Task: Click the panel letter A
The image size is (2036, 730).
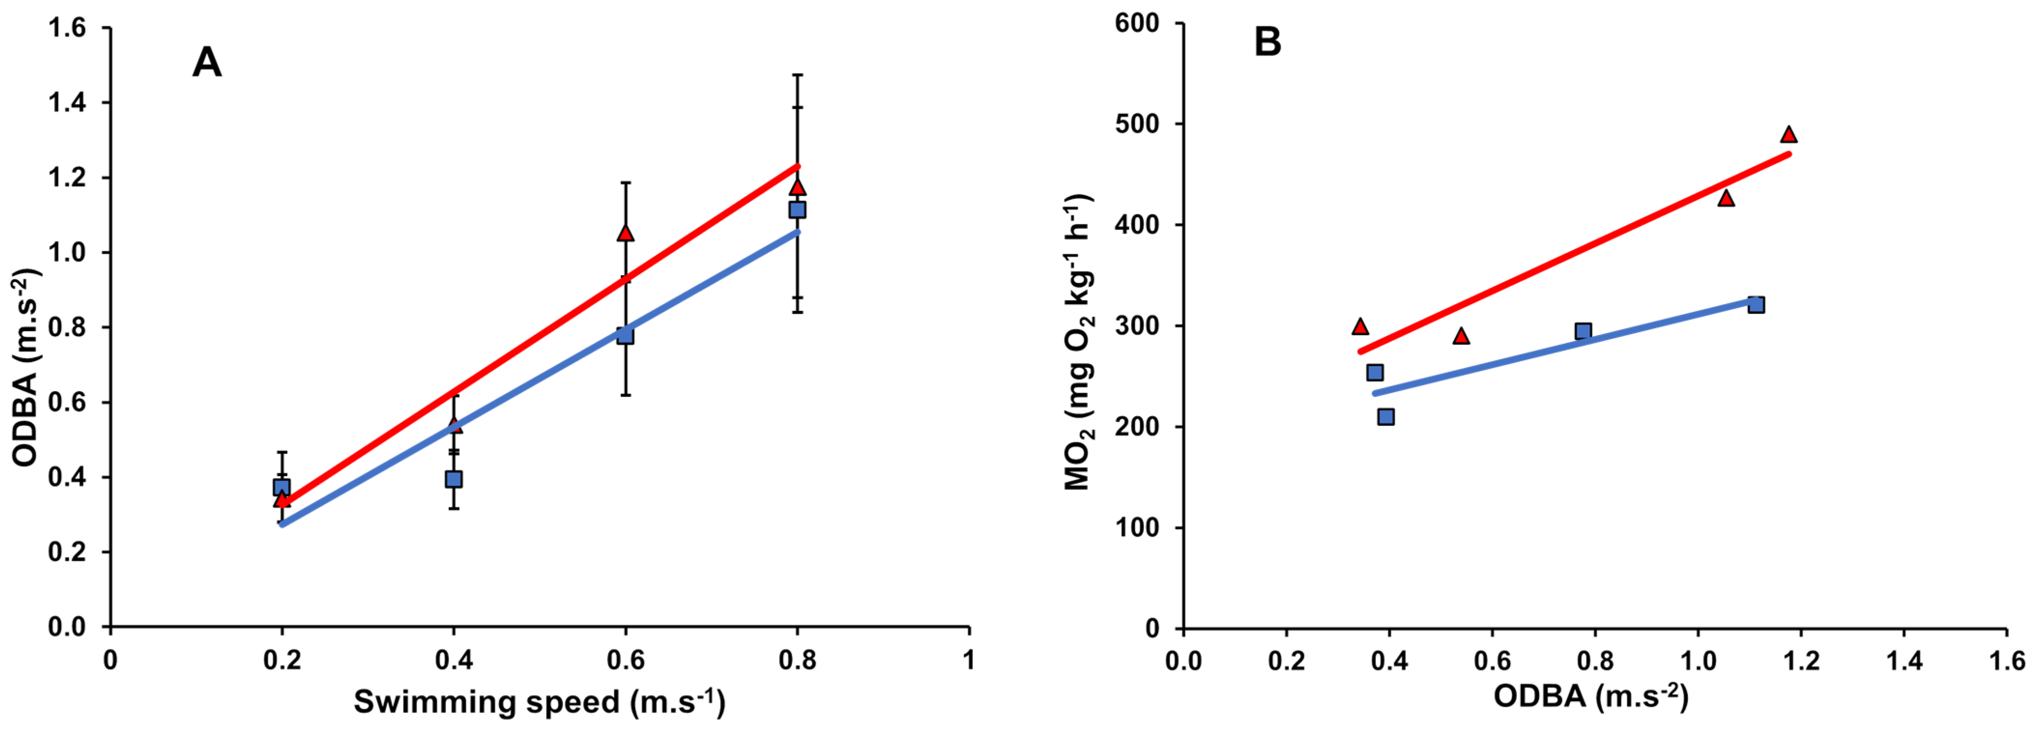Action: coord(207,62)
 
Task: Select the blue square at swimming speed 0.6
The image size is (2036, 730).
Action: coord(625,335)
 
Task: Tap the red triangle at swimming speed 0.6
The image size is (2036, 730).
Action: coord(625,233)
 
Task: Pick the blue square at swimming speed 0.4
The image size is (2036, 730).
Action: coord(454,479)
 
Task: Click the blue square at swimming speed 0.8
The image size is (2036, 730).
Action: coord(797,210)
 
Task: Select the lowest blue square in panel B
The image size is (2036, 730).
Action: coord(1386,416)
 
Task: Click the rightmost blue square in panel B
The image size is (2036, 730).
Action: coord(1756,305)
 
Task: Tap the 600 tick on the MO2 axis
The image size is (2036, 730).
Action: coord(1137,24)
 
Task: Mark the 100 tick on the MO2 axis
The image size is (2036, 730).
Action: coord(1137,528)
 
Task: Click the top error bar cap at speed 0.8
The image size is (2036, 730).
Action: coord(797,75)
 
